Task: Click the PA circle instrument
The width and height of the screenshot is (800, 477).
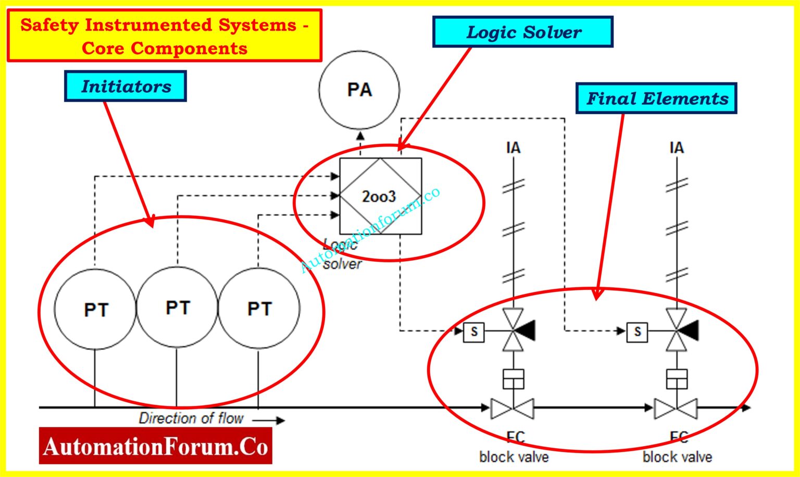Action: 359,90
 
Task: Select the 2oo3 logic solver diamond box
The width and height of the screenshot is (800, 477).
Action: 380,196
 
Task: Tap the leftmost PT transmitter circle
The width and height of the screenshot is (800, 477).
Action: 95,309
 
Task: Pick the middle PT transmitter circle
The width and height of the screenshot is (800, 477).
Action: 177,307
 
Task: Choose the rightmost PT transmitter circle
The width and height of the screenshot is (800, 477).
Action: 259,308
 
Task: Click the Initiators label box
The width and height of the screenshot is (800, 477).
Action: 126,86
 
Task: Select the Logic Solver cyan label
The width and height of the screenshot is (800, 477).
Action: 522,32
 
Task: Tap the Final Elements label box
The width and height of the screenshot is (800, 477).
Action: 656,98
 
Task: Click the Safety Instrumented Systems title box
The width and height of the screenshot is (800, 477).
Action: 165,36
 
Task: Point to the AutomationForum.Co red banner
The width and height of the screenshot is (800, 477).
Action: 155,446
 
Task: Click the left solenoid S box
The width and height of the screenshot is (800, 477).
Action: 474,332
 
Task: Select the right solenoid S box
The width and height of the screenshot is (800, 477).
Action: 637,332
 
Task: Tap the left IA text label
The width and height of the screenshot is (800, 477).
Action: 513,148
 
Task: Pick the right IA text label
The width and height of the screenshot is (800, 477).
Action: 676,148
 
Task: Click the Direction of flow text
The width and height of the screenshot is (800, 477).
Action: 191,418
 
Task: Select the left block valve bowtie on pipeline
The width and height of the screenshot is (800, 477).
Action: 512,408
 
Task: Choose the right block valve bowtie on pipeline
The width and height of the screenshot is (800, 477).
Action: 676,408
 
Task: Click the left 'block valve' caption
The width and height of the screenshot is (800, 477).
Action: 514,457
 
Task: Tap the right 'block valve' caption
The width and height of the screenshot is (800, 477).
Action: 677,457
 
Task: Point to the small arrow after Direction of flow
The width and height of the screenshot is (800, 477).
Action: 269,420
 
